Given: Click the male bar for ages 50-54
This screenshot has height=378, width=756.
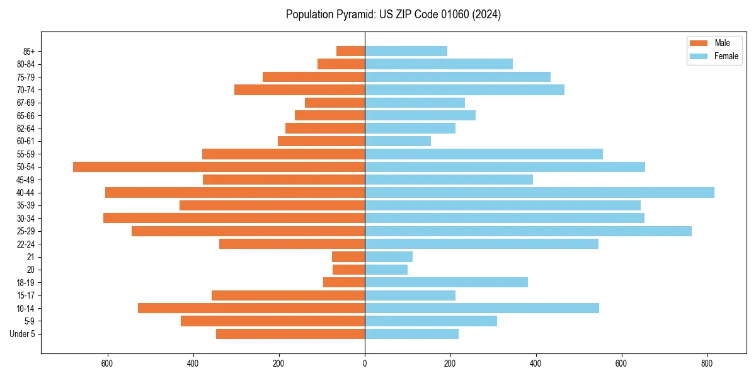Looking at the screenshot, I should (219, 167).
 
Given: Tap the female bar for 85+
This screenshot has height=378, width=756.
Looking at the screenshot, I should (406, 51).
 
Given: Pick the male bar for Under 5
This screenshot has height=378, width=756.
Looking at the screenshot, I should (290, 334).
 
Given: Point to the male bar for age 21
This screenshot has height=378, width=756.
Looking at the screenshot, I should (348, 256).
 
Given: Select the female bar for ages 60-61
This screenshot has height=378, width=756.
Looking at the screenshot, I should (398, 141).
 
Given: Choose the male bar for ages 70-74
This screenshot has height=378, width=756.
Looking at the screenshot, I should (299, 89).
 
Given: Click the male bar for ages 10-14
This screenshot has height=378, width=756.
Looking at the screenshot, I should (251, 308).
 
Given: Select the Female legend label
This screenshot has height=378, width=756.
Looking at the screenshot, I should (726, 56).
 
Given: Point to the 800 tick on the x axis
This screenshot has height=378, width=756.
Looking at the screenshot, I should (707, 364).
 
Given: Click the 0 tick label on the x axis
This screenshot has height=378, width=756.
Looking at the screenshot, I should (365, 364).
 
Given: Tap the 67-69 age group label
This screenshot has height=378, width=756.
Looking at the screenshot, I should (26, 103).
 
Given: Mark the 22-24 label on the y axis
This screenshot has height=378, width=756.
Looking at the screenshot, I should (26, 244).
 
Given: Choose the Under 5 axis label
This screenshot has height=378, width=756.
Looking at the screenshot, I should (23, 334).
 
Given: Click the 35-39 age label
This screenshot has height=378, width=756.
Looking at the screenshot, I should (26, 205).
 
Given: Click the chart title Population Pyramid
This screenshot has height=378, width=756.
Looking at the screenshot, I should (393, 14).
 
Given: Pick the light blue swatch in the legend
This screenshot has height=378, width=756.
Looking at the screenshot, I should (699, 56).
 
